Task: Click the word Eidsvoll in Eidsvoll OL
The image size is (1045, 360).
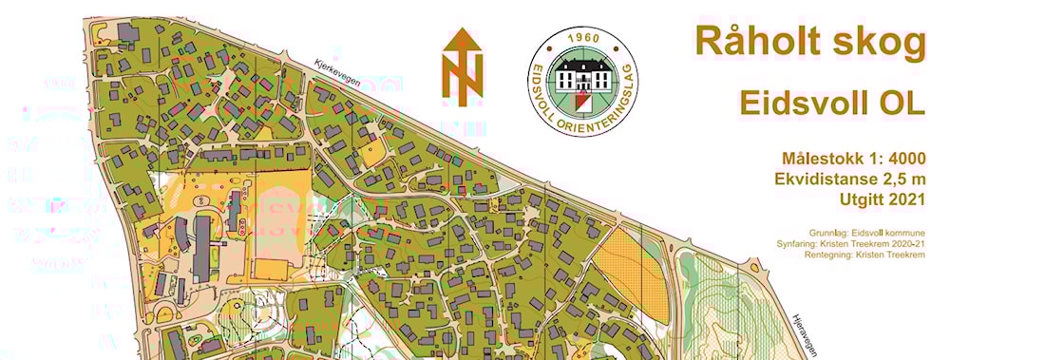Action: [x=800, y=104]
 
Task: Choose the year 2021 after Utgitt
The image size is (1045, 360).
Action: [x=902, y=199]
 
